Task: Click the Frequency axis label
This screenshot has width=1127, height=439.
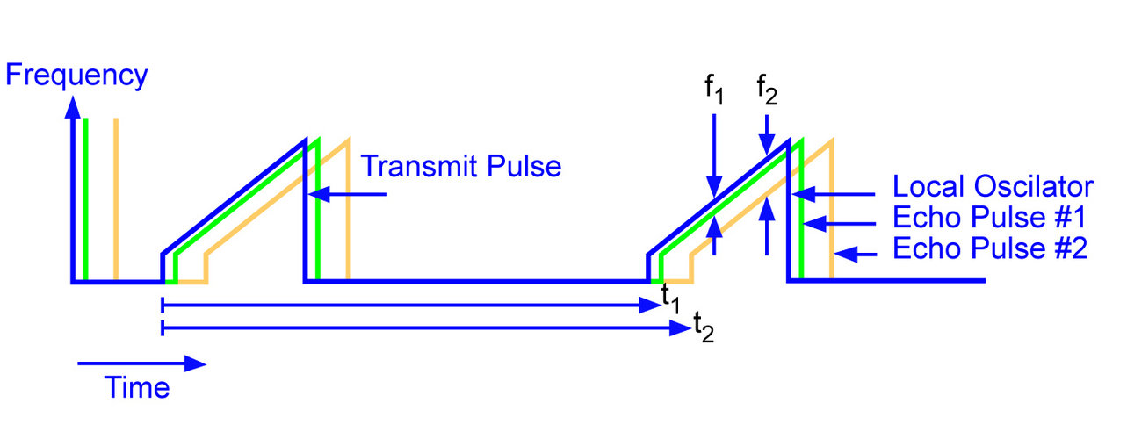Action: click(x=76, y=76)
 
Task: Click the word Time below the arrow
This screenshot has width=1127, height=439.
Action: click(x=138, y=386)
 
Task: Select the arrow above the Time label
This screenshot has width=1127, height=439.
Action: click(x=141, y=362)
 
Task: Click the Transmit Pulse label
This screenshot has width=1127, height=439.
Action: click(x=461, y=166)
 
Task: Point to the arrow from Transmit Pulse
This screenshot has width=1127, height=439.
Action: click(x=347, y=194)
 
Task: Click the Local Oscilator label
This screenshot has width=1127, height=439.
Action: click(x=993, y=187)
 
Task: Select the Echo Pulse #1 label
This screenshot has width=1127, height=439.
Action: click(x=990, y=218)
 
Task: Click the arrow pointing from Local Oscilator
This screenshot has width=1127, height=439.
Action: click(x=834, y=194)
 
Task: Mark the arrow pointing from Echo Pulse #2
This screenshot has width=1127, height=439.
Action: click(x=856, y=255)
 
